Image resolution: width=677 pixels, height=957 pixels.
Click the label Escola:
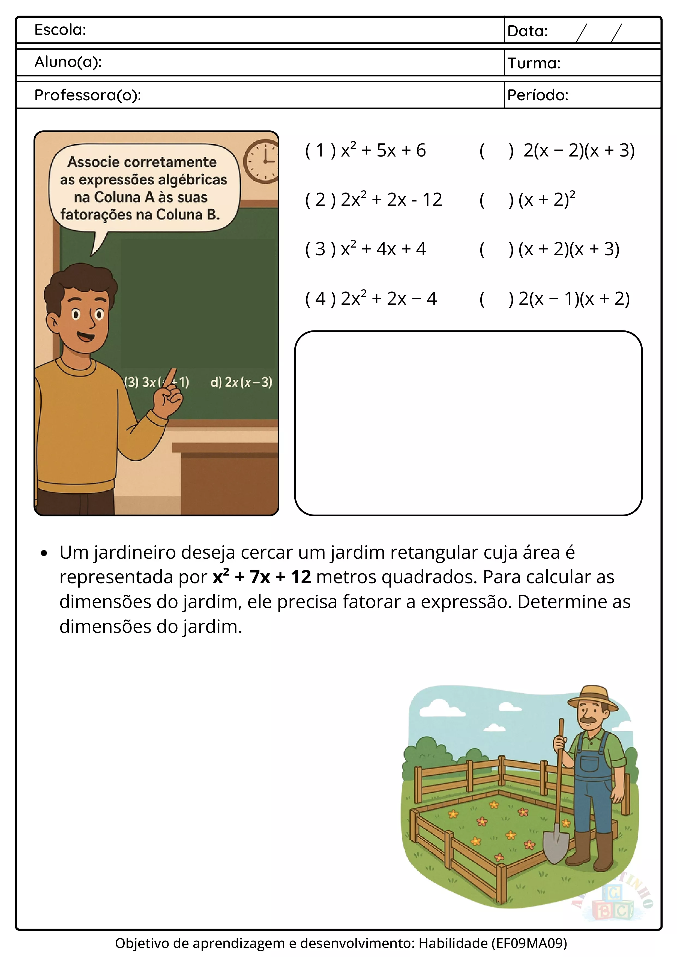pos(60,30)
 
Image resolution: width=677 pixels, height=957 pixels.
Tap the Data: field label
pos(527,31)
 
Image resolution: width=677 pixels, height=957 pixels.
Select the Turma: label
pos(534,63)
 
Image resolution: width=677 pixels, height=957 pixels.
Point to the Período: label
pos(538,95)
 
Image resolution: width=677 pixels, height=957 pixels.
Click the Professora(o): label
pos(88,95)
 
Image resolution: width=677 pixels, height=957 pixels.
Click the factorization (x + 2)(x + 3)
pos(569,249)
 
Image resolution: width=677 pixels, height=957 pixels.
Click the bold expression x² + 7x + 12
pos(262,577)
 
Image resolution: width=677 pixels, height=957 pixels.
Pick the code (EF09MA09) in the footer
pos(529,943)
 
